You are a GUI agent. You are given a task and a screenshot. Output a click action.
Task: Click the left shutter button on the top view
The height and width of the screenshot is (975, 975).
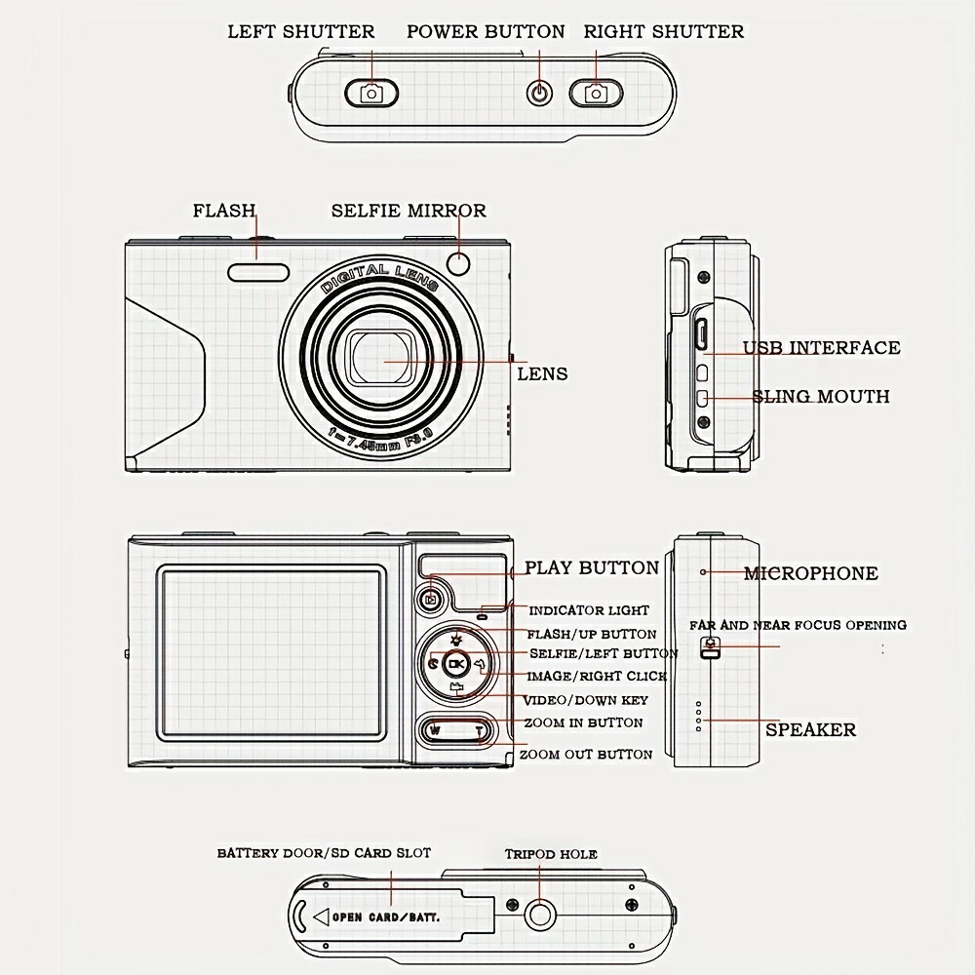pyautogui.click(x=371, y=93)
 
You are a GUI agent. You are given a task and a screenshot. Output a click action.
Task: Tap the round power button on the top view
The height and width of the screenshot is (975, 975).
pyautogui.click(x=539, y=93)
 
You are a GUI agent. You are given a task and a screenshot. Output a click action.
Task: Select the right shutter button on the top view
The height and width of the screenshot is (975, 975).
pyautogui.click(x=595, y=93)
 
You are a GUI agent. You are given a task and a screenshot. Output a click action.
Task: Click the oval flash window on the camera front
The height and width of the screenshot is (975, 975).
pyautogui.click(x=259, y=273)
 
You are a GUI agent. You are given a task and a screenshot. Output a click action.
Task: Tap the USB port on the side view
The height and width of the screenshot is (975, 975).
pyautogui.click(x=700, y=333)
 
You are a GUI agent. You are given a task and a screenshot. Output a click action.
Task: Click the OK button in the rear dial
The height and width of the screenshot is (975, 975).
pyautogui.click(x=456, y=664)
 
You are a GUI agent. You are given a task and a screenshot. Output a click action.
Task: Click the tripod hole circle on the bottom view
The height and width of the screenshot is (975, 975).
pyautogui.click(x=539, y=914)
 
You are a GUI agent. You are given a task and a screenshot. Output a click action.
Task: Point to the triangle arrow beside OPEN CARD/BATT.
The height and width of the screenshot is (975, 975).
pyautogui.click(x=320, y=916)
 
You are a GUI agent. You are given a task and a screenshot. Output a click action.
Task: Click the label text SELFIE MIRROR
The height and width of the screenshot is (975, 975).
pyautogui.click(x=408, y=211)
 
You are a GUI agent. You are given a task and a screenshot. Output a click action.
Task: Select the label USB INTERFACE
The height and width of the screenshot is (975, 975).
pyautogui.click(x=821, y=348)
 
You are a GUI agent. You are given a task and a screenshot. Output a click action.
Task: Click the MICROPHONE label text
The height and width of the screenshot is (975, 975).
pyautogui.click(x=810, y=573)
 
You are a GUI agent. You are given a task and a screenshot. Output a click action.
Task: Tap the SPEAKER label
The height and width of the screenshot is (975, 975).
pyautogui.click(x=810, y=729)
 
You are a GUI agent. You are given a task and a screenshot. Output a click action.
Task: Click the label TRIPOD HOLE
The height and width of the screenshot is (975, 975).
pyautogui.click(x=551, y=854)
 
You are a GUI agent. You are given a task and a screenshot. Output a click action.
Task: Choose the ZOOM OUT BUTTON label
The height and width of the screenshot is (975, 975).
pyautogui.click(x=585, y=755)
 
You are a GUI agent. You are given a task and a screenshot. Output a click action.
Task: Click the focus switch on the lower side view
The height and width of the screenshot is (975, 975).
pyautogui.click(x=711, y=647)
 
